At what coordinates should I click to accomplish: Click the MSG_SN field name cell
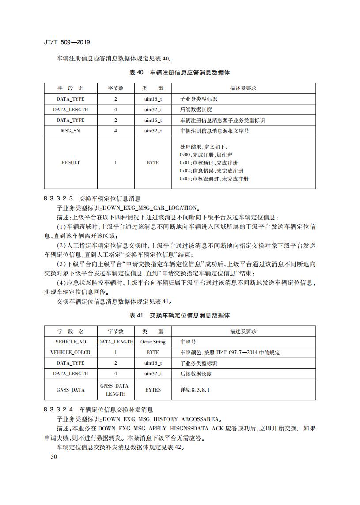pyautogui.click(x=70, y=131)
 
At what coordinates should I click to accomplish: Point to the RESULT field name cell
pyautogui.click(x=70, y=162)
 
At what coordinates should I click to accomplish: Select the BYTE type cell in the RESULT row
pyautogui.click(x=153, y=162)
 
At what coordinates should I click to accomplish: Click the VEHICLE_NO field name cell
pyautogui.click(x=70, y=342)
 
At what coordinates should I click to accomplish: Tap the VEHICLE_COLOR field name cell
pyautogui.click(x=70, y=352)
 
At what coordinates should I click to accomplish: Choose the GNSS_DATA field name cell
pyautogui.click(x=70, y=390)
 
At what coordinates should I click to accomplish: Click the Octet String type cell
pyautogui.click(x=153, y=342)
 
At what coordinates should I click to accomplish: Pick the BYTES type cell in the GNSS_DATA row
pyautogui.click(x=153, y=390)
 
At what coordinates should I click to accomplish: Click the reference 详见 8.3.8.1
pyautogui.click(x=195, y=390)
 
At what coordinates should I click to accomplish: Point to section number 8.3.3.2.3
pyautogui.click(x=58, y=199)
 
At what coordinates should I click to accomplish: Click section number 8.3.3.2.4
pyautogui.click(x=58, y=410)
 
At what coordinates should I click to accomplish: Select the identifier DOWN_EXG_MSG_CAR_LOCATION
pyautogui.click(x=150, y=207)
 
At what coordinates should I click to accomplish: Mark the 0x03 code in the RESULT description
pyautogui.click(x=185, y=178)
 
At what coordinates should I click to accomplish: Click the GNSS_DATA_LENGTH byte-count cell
pyautogui.click(x=116, y=390)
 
